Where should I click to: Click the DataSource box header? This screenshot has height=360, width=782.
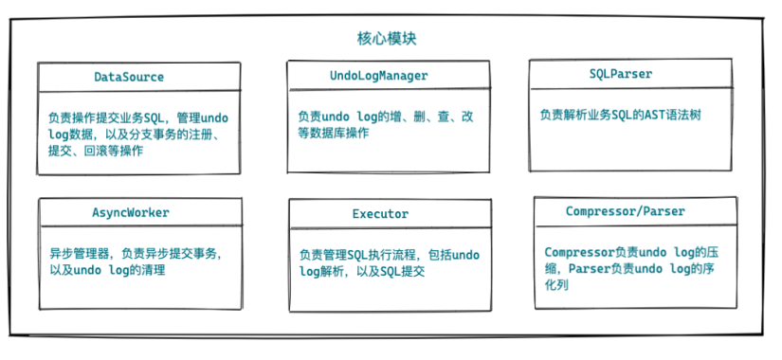pos(129,77)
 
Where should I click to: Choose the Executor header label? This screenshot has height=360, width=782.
pos(379,214)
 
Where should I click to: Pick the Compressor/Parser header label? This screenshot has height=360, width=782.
pos(625,210)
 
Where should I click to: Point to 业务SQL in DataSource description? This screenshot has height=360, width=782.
pos(143,118)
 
